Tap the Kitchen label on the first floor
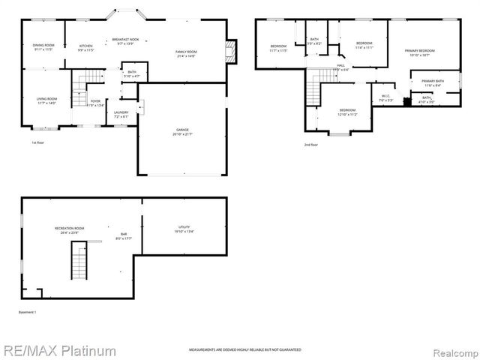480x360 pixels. (86, 47)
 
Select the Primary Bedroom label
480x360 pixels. (420, 52)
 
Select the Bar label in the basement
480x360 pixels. (124, 235)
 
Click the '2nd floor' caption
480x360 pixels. (310, 144)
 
